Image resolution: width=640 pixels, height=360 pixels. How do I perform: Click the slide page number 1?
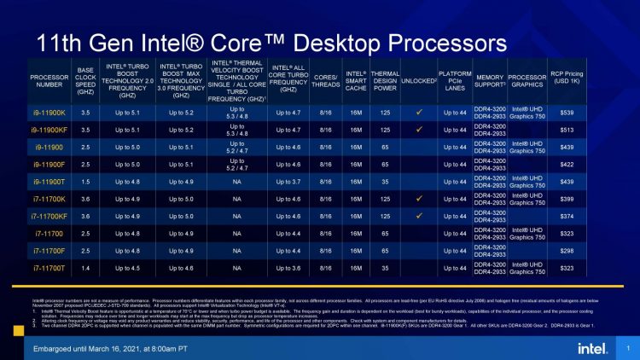627,348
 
